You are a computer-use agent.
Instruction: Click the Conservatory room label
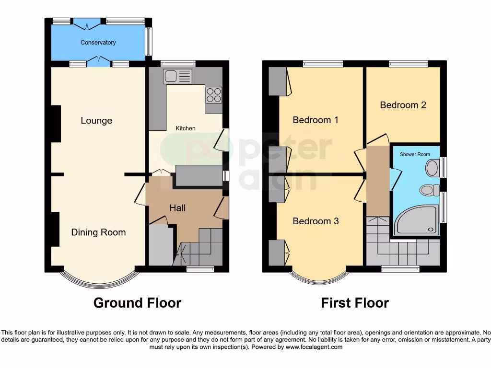click(x=98, y=43)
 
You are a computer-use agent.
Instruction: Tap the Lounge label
click(x=96, y=121)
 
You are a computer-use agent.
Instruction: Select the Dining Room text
click(x=98, y=232)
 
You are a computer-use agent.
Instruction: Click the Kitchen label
click(x=186, y=128)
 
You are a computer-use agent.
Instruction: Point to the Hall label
click(x=177, y=208)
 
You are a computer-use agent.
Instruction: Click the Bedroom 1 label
click(x=316, y=120)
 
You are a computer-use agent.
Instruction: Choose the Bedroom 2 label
click(x=403, y=105)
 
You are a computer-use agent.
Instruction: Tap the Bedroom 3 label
click(x=316, y=221)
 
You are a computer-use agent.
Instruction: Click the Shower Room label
click(x=415, y=154)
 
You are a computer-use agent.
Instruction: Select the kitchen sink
click(x=177, y=76)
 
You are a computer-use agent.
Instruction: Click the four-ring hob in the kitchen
click(x=214, y=94)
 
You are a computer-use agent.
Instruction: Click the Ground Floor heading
click(x=137, y=303)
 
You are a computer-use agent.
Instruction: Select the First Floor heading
click(x=355, y=303)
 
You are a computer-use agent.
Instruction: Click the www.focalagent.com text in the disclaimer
click(x=314, y=347)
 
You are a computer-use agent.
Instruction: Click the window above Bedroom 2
click(x=408, y=63)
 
